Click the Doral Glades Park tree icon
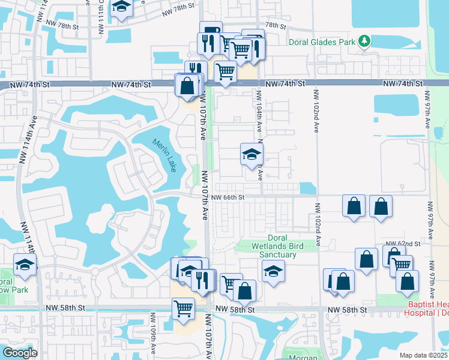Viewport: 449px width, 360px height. click(364, 41)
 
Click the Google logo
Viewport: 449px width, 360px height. click(20, 353)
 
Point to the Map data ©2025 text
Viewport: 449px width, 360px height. click(424, 355)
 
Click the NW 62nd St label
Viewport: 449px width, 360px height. click(403, 244)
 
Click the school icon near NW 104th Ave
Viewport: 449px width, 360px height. click(252, 154)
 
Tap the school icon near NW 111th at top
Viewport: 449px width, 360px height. click(122, 8)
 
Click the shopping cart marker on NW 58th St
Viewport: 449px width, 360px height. click(183, 308)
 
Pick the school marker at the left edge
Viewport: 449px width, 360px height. click(25, 264)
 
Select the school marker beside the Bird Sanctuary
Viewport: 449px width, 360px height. click(273, 271)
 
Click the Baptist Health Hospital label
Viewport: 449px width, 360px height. click(426, 308)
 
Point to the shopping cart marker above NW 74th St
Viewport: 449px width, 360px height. click(225, 72)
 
